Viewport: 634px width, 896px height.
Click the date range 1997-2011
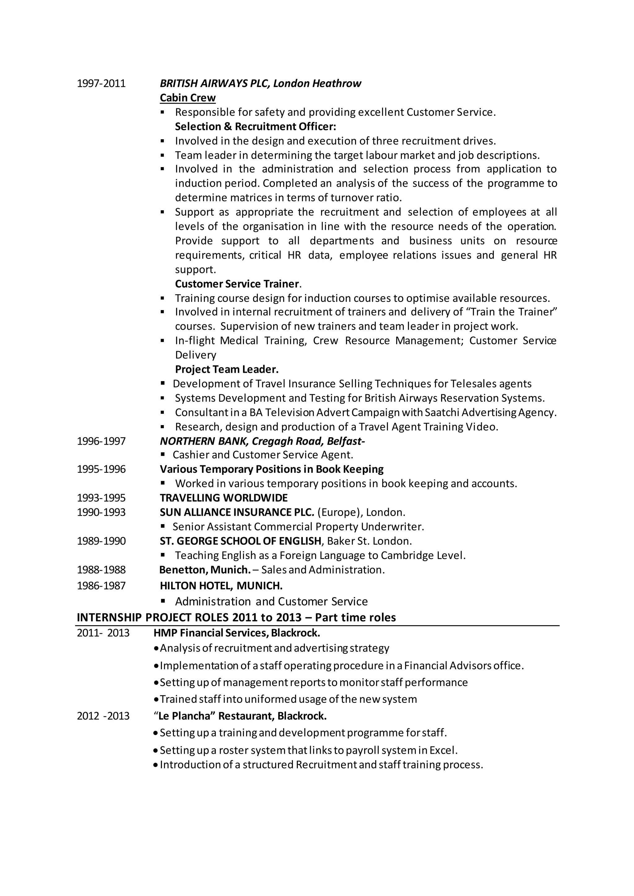(x=101, y=84)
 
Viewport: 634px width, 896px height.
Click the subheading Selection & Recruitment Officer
(x=255, y=127)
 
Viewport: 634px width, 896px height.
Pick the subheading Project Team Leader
(x=226, y=369)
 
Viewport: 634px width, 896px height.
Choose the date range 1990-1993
(x=101, y=512)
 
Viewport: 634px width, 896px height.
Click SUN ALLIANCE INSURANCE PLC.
(x=237, y=512)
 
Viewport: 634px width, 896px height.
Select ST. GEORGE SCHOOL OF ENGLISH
(x=241, y=541)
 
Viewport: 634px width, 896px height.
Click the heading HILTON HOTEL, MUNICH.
(x=221, y=586)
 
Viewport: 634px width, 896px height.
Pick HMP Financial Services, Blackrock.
(x=237, y=633)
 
